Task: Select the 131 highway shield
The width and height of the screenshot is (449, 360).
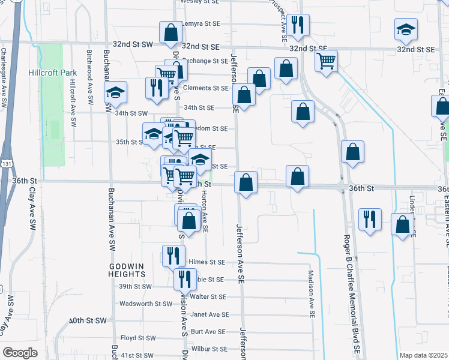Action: pos(5,163)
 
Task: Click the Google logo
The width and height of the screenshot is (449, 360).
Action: pos(20,353)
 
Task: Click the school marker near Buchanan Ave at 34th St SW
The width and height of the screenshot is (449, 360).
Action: pos(115,93)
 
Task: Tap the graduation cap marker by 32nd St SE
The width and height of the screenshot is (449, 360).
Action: pos(406,30)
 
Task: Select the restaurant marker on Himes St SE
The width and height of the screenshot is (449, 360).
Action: pos(173,256)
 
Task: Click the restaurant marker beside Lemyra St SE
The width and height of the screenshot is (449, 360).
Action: pos(298,25)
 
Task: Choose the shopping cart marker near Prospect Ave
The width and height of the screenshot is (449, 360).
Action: pos(326,61)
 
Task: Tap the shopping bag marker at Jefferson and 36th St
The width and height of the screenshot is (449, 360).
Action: pos(246,182)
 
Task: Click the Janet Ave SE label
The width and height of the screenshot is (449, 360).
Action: pos(209,314)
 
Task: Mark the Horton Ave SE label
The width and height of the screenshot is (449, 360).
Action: pos(205,211)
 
